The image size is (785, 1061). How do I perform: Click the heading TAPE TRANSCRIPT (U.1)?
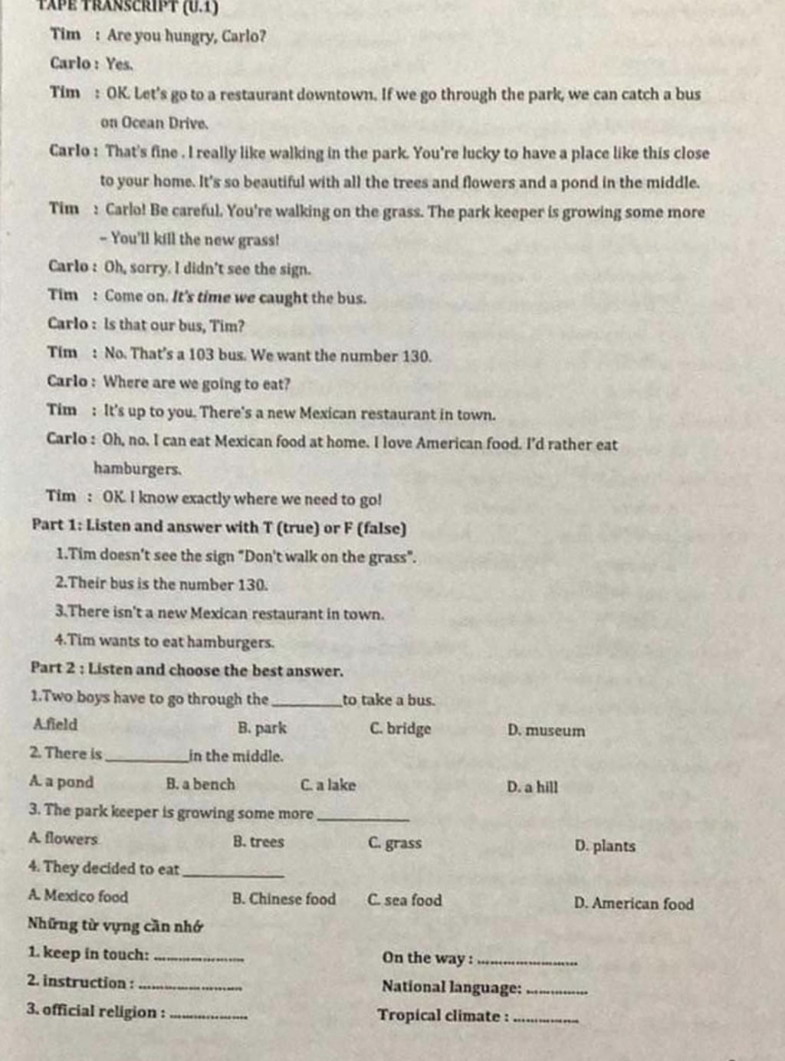pyautogui.click(x=130, y=8)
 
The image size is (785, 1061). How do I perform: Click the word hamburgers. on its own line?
pyautogui.click(x=137, y=468)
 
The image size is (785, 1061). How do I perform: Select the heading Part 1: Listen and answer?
pyautogui.click(x=218, y=527)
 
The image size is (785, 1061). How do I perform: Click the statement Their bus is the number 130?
pyautogui.click(x=162, y=585)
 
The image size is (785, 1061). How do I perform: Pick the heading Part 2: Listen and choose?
pyautogui.click(x=186, y=670)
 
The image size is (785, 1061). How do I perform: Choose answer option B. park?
pyautogui.click(x=261, y=728)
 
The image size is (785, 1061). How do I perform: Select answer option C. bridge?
pyautogui.click(x=400, y=729)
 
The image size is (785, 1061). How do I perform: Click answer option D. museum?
pyautogui.click(x=546, y=731)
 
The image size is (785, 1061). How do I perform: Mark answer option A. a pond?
pyautogui.click(x=61, y=782)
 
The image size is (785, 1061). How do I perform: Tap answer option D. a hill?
pyautogui.click(x=532, y=787)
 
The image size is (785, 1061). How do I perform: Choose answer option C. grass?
pyautogui.click(x=395, y=843)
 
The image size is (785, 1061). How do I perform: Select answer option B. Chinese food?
pyautogui.click(x=284, y=899)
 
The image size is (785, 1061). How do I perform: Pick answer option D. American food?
pyautogui.click(x=633, y=904)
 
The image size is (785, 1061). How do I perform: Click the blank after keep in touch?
pyautogui.click(x=199, y=957)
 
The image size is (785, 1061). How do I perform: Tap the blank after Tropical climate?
pyautogui.click(x=545, y=1019)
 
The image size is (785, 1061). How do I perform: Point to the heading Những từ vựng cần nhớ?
pyautogui.click(x=115, y=925)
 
